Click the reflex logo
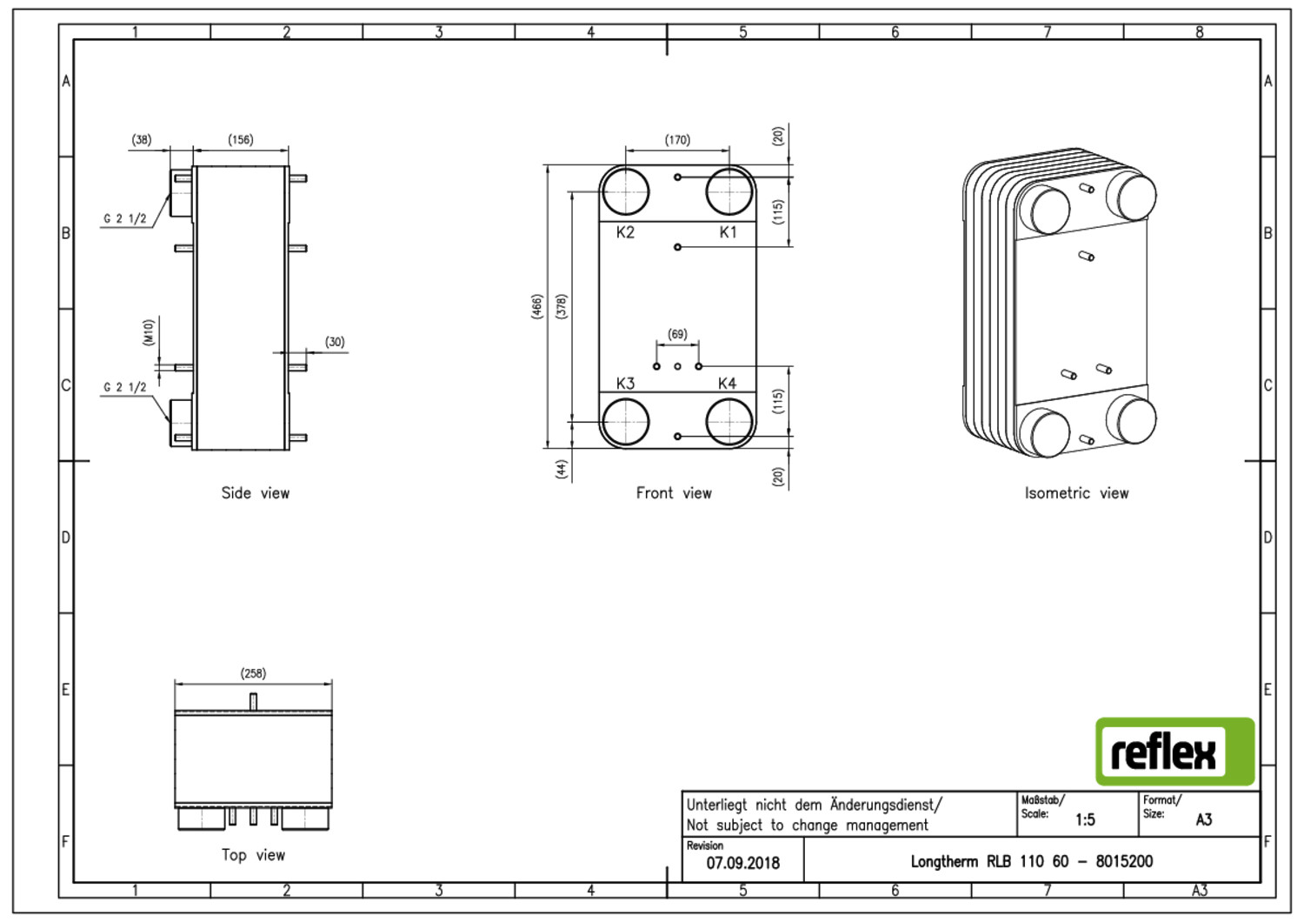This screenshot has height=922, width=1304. [x=1174, y=752]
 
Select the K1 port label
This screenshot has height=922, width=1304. [x=728, y=232]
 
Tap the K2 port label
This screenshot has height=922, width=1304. [x=625, y=232]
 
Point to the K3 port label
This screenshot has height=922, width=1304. [x=625, y=384]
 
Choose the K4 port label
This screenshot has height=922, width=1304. [x=727, y=384]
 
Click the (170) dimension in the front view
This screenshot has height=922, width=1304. [x=677, y=140]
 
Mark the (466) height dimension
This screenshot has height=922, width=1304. [x=536, y=306]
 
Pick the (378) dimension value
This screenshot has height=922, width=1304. [x=562, y=306]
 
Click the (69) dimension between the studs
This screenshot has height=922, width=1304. [x=677, y=334]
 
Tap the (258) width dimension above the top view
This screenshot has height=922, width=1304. [x=253, y=673]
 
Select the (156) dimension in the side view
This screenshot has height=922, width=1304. [x=241, y=139]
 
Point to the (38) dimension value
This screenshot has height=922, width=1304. [x=142, y=139]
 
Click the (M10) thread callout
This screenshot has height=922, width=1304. [x=149, y=332]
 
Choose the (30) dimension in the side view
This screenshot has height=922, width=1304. [x=335, y=342]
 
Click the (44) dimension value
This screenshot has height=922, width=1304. [x=562, y=469]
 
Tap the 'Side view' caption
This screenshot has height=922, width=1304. [x=255, y=493]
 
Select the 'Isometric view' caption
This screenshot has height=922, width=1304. [x=1076, y=493]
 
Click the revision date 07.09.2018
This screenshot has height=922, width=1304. [x=742, y=863]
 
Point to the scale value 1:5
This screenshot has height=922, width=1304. [x=1085, y=819]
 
